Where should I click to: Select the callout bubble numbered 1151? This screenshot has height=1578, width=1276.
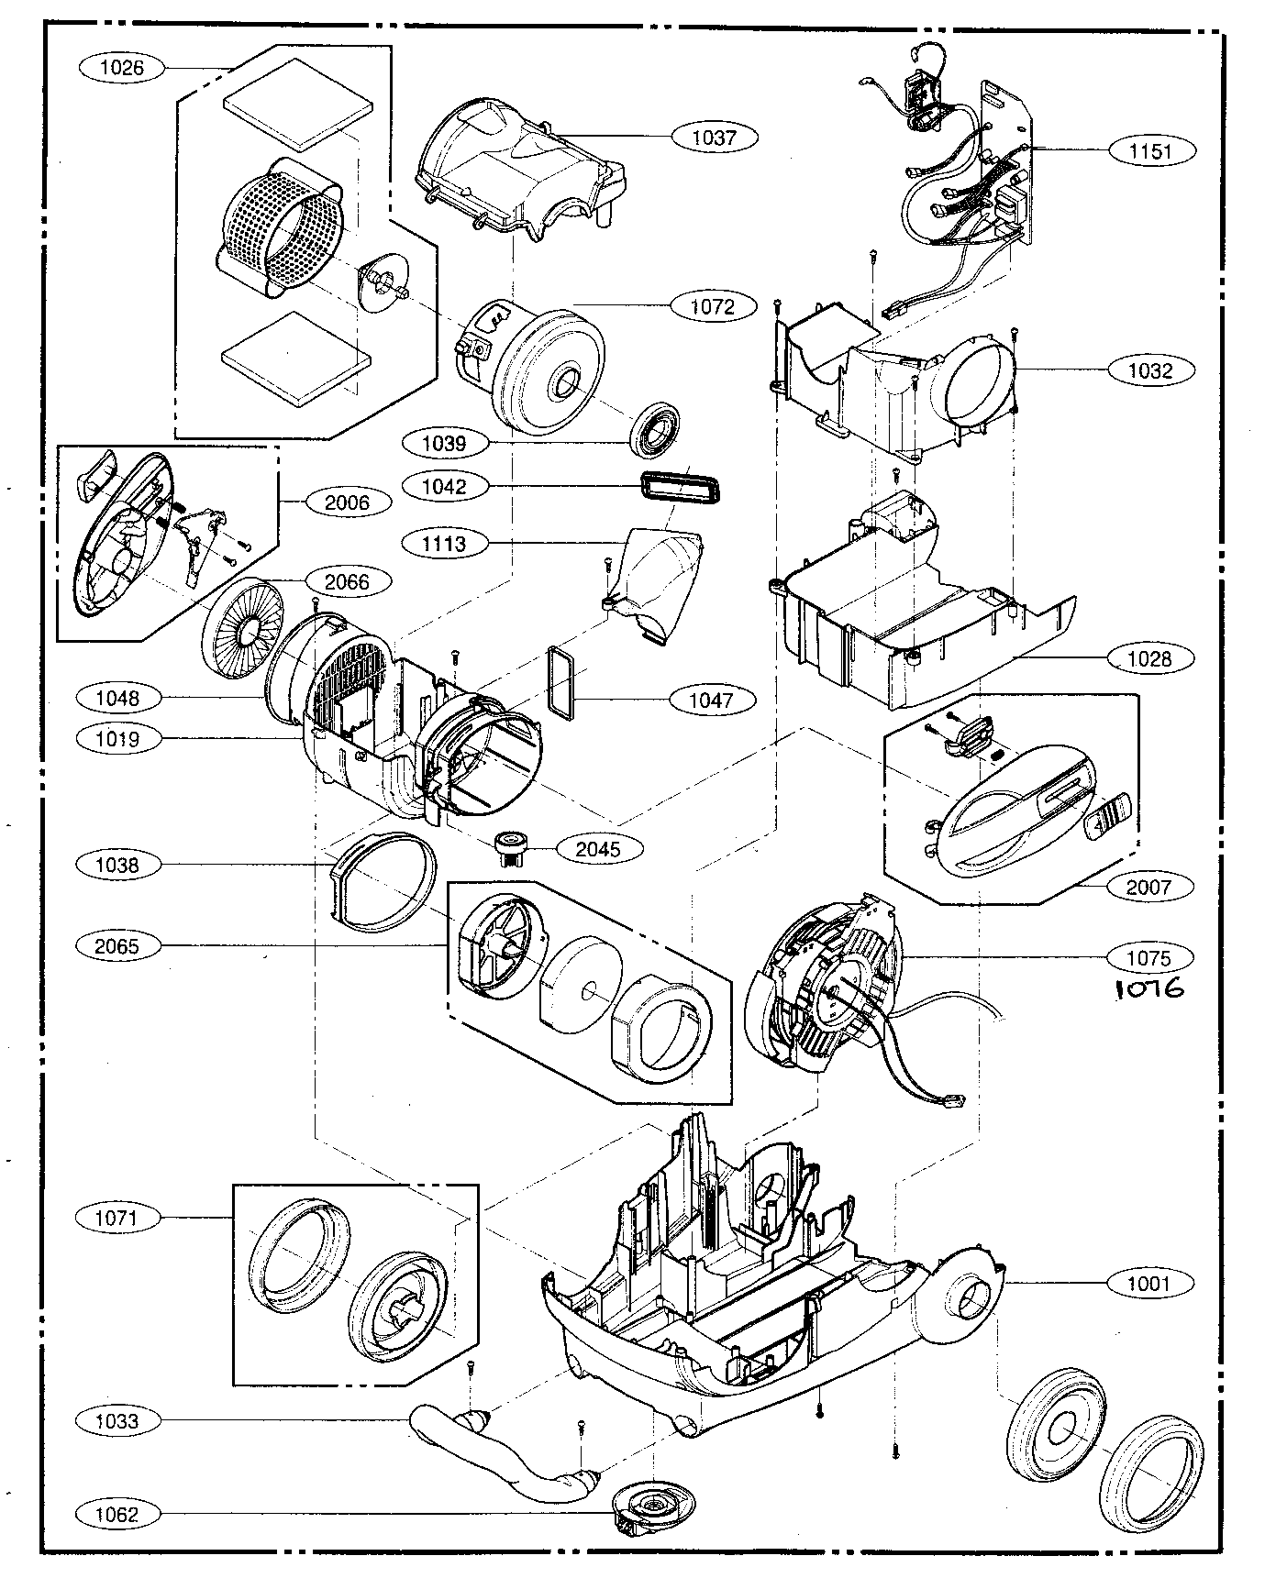(1150, 150)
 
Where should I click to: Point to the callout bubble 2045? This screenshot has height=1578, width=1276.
(598, 849)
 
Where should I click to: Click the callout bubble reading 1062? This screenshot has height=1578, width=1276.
(117, 1515)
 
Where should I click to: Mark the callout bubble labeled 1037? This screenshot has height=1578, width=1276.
(714, 138)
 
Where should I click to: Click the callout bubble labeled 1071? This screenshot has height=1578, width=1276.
(117, 1218)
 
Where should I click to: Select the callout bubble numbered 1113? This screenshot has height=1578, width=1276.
(444, 544)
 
